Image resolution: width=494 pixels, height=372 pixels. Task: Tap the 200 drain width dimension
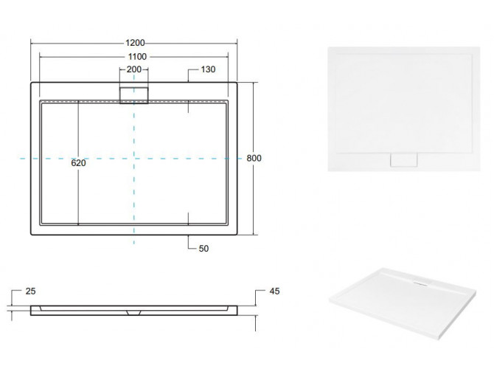[x=133, y=69]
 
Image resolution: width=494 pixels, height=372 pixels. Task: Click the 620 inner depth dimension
[x=79, y=164]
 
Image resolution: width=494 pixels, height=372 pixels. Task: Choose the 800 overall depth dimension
[x=254, y=159]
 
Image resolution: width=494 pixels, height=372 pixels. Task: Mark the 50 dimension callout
[x=203, y=248]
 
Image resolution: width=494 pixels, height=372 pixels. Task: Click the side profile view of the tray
[x=134, y=309]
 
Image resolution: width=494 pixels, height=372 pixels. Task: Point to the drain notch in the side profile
[x=133, y=311]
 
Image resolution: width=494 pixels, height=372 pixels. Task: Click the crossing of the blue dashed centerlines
[x=134, y=159]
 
